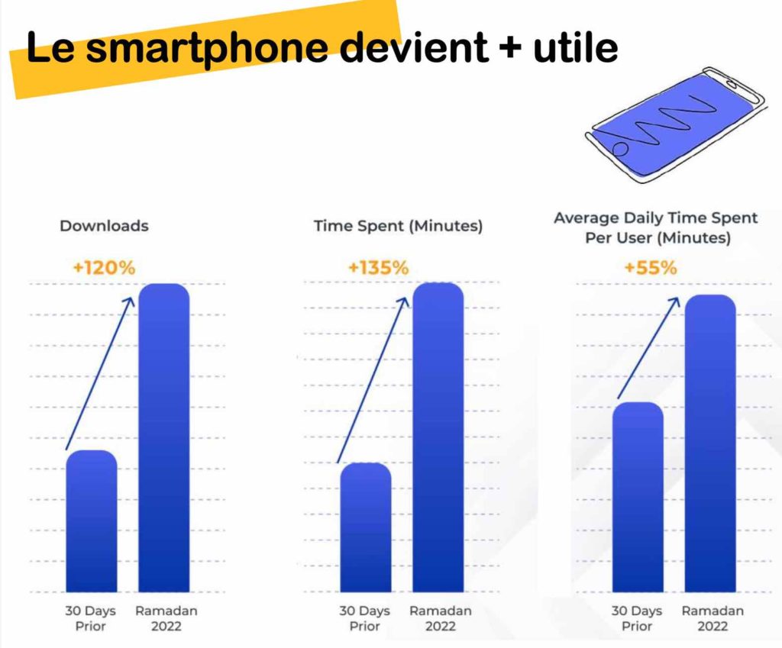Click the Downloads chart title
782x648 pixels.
click(x=104, y=226)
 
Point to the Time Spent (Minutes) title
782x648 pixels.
click(x=398, y=226)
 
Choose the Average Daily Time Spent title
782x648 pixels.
click(x=655, y=227)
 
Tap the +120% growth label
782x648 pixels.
click(x=104, y=267)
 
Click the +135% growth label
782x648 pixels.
click(x=378, y=268)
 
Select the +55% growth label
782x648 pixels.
click(x=650, y=268)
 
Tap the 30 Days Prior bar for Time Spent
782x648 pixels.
click(x=365, y=527)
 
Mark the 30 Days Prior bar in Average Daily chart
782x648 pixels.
click(x=638, y=497)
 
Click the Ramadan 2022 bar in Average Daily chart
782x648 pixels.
click(x=709, y=443)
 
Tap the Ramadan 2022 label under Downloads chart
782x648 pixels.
click(x=166, y=619)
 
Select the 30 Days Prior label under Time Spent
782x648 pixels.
click(x=365, y=619)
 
